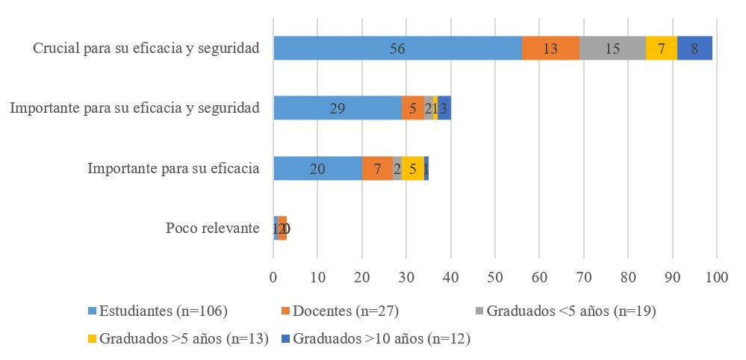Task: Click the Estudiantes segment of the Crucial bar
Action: [x=397, y=49]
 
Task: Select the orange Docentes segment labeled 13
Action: [x=550, y=49]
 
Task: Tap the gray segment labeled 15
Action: [x=612, y=49]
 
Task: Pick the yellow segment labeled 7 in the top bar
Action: [x=661, y=49]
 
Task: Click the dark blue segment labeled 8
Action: [x=694, y=49]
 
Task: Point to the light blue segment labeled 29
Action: [x=338, y=108]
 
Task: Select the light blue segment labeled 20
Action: [x=317, y=168]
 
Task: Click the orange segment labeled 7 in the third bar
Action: [x=378, y=168]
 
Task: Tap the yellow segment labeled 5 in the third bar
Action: [x=413, y=168]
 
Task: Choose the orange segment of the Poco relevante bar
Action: [x=282, y=228]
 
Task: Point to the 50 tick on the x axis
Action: [x=494, y=276]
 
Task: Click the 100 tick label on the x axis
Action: [x=716, y=276]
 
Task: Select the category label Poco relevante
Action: [x=212, y=228]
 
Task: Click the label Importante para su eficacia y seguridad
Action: [x=134, y=108]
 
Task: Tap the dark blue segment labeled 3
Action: [x=444, y=108]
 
